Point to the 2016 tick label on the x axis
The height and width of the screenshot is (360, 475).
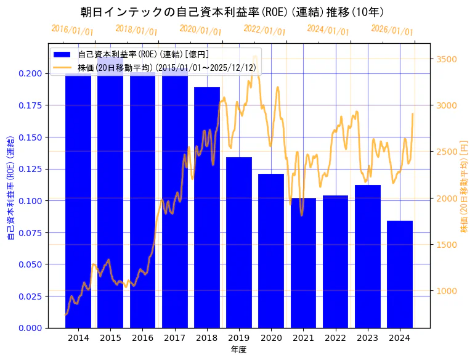coord(142,338)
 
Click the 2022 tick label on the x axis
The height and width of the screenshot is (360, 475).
coord(335,338)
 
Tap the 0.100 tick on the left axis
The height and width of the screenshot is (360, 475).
coord(31,201)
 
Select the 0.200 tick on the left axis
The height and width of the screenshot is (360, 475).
coord(31,73)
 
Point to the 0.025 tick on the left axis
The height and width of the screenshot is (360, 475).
coord(31,296)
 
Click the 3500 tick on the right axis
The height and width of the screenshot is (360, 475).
coord(447,59)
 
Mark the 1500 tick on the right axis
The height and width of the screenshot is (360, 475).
coord(447,245)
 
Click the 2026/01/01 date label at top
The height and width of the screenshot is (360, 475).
coord(392,30)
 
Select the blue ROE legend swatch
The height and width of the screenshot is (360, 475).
coord(62,55)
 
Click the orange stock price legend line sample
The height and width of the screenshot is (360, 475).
coord(62,68)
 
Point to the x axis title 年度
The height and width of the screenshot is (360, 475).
coord(239,350)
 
